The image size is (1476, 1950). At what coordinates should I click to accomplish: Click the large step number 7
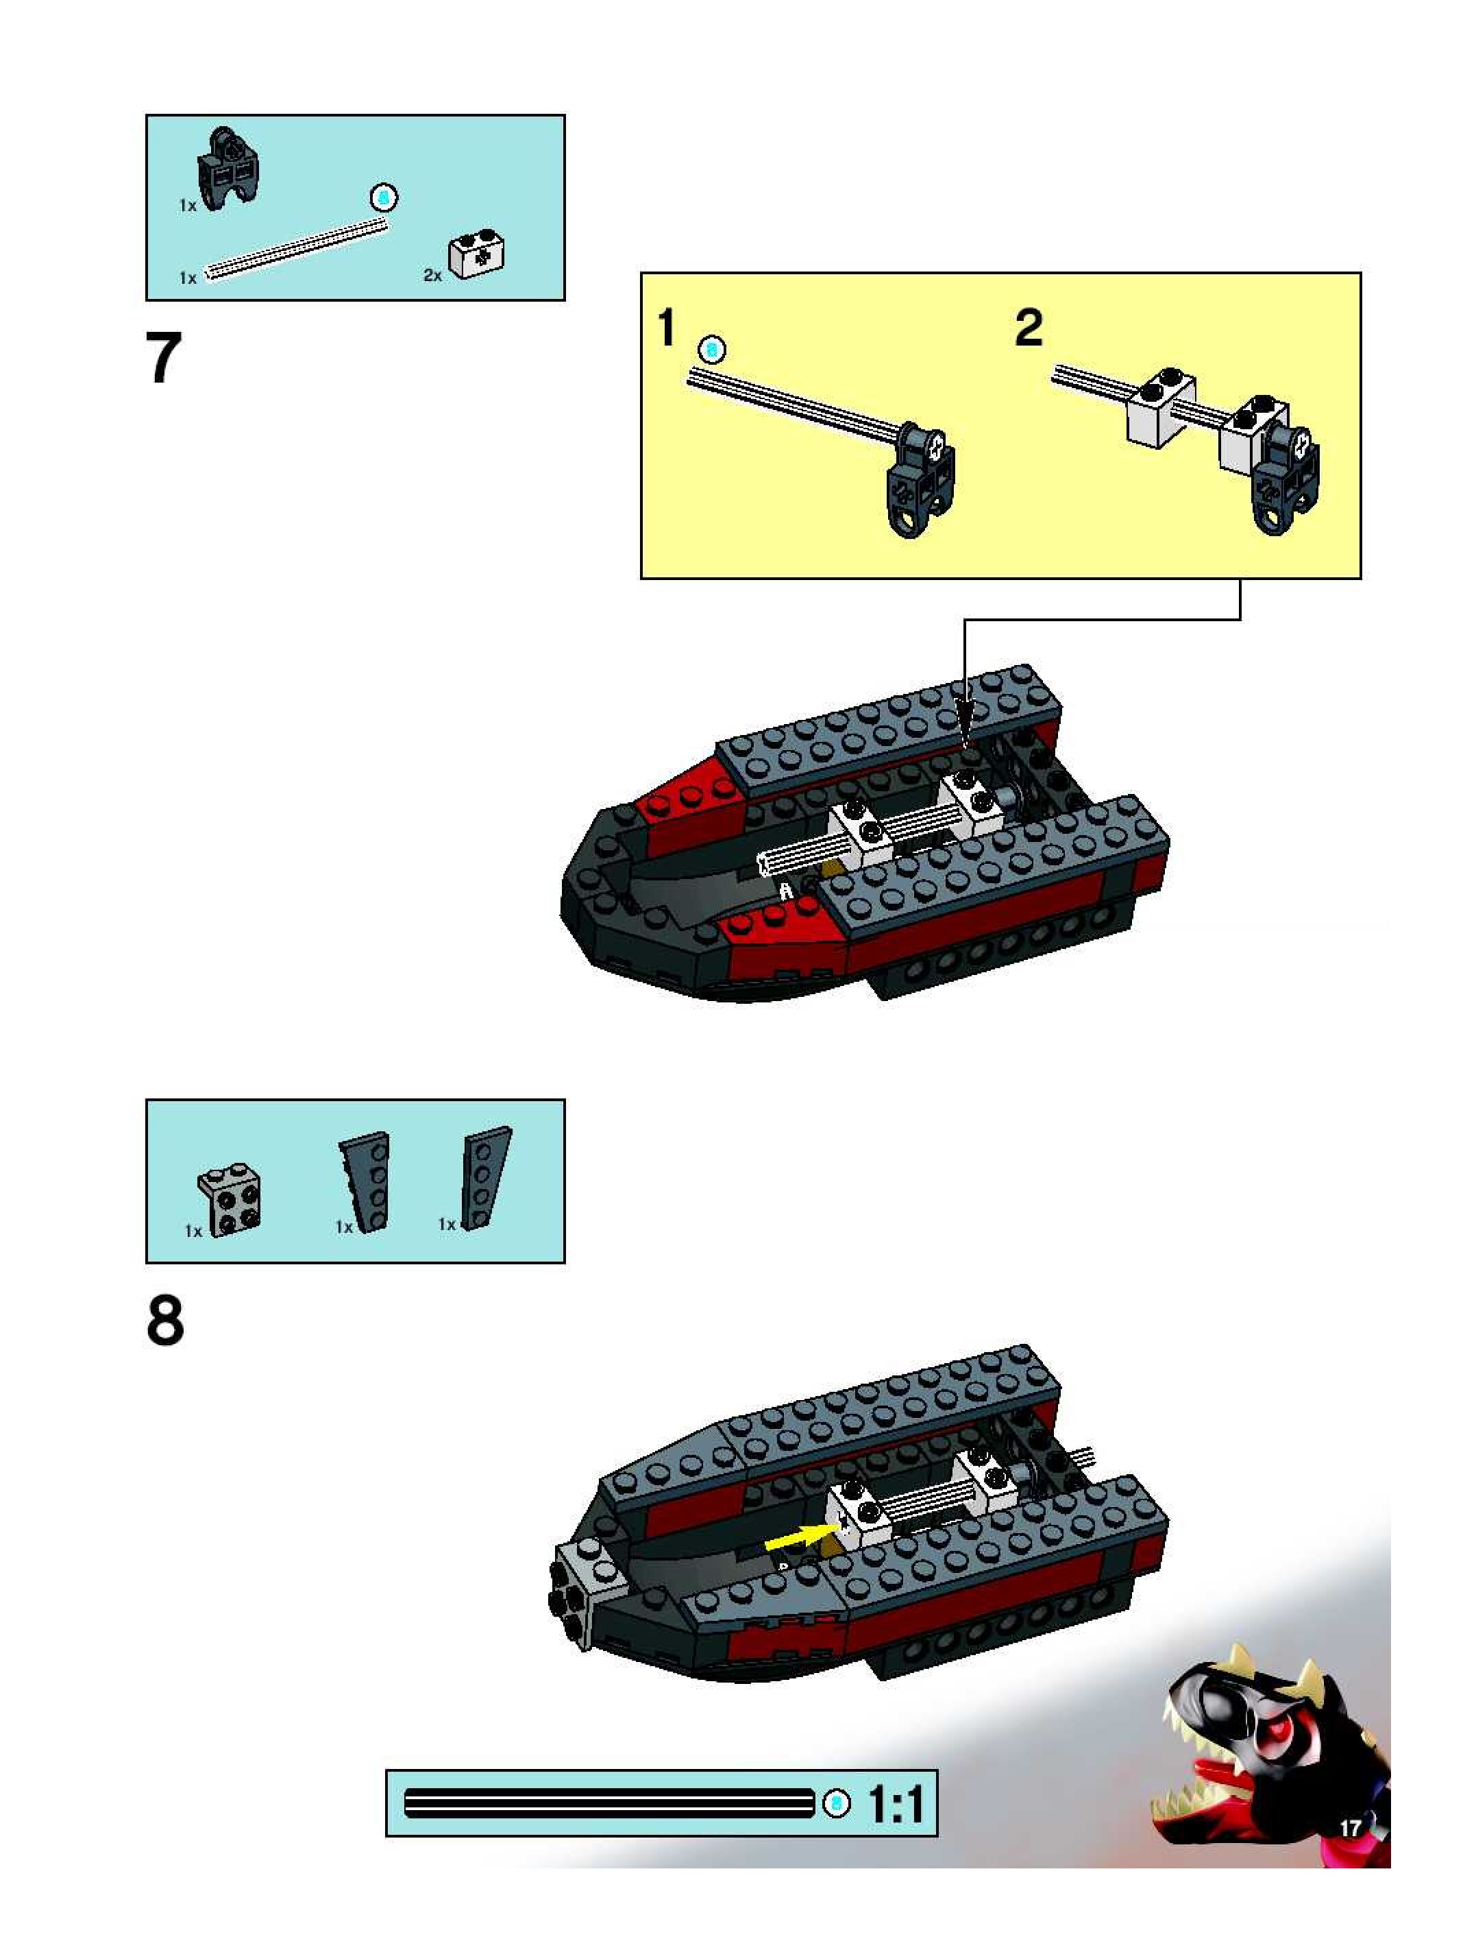164,358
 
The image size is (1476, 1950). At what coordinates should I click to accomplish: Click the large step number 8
166,1320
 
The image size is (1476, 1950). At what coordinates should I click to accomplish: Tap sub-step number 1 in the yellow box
667,327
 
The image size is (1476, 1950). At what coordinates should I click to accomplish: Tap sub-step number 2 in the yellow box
1029,328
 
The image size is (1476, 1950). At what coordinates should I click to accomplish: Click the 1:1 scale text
897,1804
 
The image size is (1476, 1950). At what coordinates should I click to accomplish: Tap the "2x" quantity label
432,275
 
